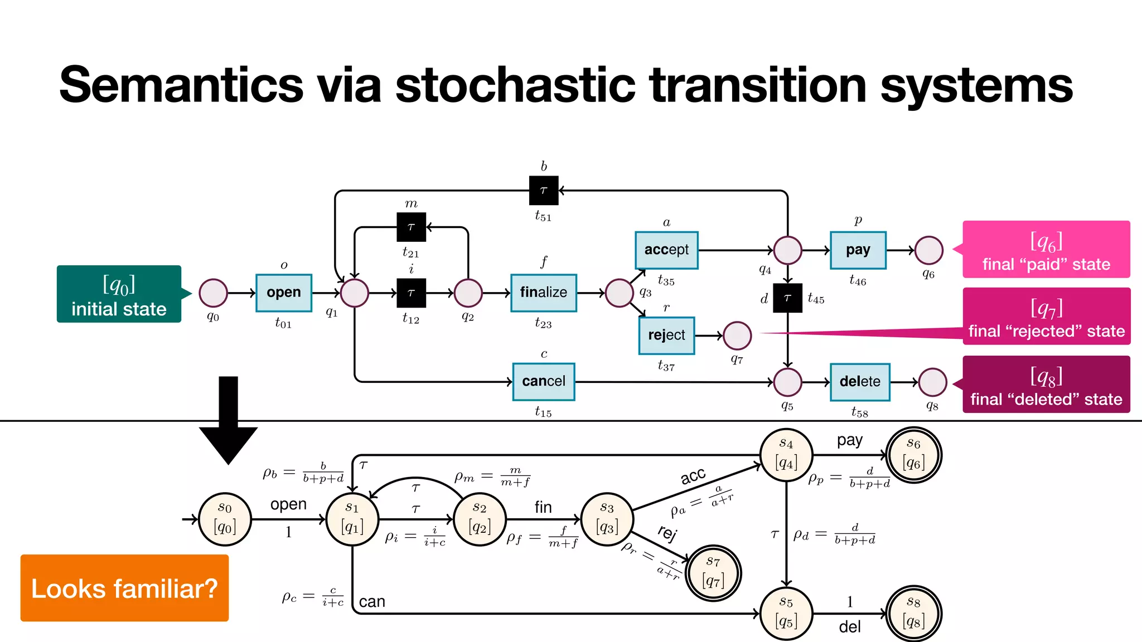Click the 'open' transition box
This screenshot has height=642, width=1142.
point(284,293)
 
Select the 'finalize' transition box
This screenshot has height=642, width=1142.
point(544,293)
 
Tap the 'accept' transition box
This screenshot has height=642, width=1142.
point(666,250)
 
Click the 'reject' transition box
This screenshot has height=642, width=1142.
point(666,335)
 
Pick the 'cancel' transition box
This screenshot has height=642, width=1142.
point(544,382)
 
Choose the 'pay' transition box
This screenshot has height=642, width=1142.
point(858,250)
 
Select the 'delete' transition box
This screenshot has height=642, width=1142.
point(860,382)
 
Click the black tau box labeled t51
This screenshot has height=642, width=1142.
point(544,191)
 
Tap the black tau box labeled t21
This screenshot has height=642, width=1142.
point(411,227)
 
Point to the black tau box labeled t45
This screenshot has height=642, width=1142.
point(787,298)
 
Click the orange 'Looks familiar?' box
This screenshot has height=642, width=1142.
point(124,588)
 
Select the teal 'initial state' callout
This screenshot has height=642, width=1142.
point(119,294)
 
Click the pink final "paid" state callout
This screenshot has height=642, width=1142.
point(1046,249)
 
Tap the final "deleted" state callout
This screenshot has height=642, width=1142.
point(1046,385)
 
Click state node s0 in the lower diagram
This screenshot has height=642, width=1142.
point(225,519)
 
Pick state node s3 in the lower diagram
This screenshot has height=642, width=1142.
point(607,519)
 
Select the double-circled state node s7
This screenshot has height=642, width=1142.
point(713,573)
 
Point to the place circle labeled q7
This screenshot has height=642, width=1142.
point(737,335)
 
